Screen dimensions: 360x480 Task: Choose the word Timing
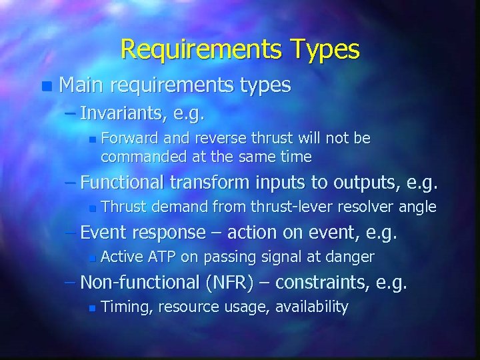[x=125, y=307]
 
